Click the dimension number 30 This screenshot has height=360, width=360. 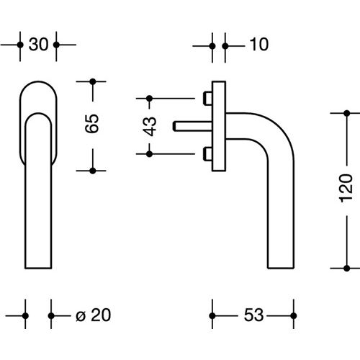click(38, 45)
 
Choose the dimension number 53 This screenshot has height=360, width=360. click(251, 315)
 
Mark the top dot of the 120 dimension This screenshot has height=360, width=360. click(346, 113)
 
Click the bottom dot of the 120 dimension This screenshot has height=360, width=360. click(346, 264)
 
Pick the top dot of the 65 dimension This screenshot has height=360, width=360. click(93, 81)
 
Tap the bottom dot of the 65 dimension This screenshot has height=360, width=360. click(93, 170)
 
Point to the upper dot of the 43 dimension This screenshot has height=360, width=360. click(150, 97)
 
